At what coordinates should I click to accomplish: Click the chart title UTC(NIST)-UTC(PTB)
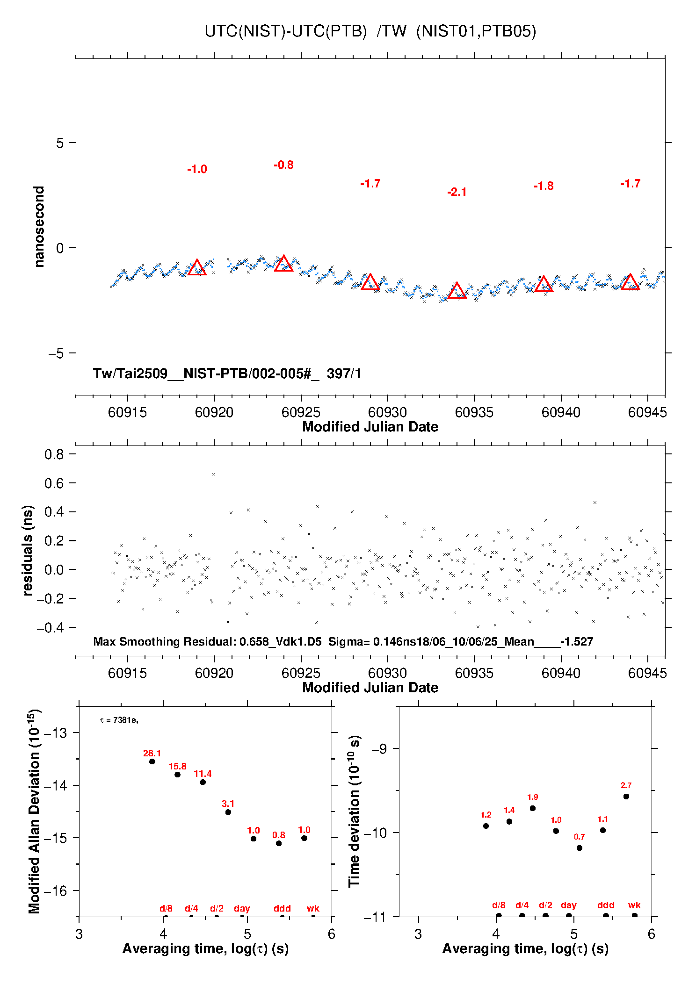click(285, 31)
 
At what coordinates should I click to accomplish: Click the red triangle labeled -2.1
click(457, 291)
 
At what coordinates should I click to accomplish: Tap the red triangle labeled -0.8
click(283, 264)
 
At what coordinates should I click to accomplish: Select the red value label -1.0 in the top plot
click(197, 169)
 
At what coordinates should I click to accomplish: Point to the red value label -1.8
click(544, 186)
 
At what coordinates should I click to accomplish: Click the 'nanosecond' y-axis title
click(39, 227)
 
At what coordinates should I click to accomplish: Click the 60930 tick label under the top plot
click(387, 412)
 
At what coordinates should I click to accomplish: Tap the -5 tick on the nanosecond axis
click(56, 353)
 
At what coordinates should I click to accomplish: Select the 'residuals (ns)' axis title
click(28, 550)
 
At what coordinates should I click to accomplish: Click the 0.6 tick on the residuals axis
click(54, 483)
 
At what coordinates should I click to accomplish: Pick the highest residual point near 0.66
click(214, 474)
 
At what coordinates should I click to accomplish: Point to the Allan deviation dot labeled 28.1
click(152, 761)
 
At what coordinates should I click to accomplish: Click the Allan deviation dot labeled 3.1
click(228, 812)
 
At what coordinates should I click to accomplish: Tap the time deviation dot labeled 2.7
click(626, 797)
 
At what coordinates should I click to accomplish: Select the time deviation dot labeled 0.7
click(580, 848)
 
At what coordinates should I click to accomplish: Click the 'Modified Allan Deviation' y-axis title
click(34, 811)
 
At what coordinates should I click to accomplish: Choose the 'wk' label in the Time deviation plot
click(634, 905)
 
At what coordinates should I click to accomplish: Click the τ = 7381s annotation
click(119, 720)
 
